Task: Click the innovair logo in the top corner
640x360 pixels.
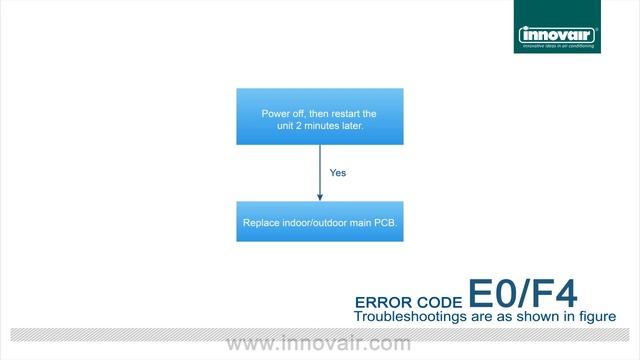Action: tap(558, 37)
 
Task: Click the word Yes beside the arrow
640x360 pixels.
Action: tap(338, 172)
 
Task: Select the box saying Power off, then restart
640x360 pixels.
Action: tap(319, 117)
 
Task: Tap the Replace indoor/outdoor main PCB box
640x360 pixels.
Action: tap(319, 221)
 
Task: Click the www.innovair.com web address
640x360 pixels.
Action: tap(319, 344)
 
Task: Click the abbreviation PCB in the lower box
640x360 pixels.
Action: tap(384, 222)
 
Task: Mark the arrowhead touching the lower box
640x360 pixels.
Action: tap(319, 197)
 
